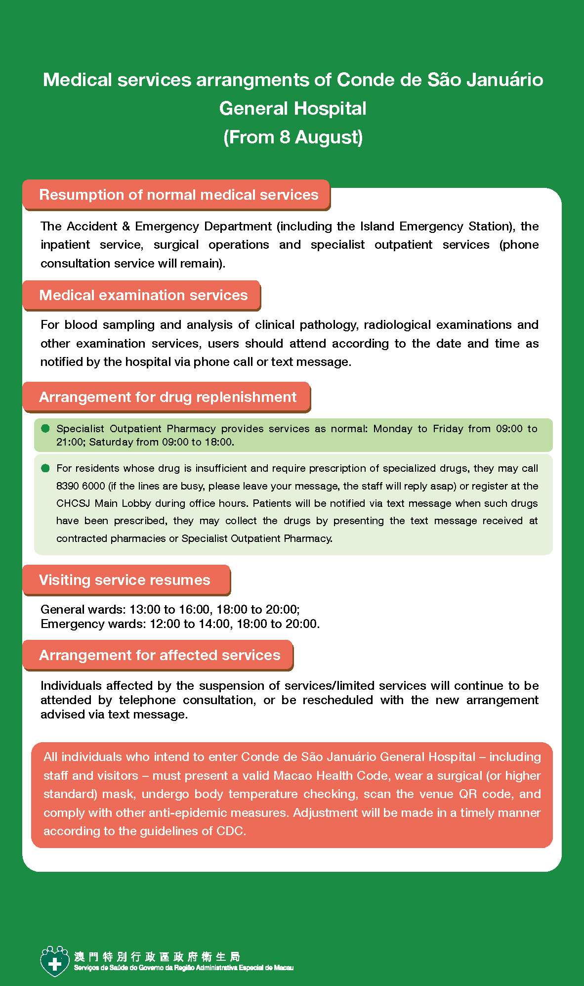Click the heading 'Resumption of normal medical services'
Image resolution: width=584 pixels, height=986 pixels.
[x=178, y=195]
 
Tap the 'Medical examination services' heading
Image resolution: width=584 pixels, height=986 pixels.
[x=143, y=295]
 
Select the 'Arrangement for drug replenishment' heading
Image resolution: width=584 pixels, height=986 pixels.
[x=167, y=397]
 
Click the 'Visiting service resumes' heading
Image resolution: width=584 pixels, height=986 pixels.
[x=125, y=580]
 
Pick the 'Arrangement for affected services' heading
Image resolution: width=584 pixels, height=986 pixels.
[x=160, y=655]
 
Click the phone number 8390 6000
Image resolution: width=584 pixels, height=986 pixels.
[x=81, y=486]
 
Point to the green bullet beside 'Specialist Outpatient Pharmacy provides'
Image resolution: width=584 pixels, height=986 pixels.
[x=45, y=428]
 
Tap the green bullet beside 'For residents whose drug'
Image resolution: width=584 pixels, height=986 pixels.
[x=45, y=468]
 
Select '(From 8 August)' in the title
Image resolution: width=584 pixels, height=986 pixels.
[x=293, y=137]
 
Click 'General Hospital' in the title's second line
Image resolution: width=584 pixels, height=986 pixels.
[x=293, y=108]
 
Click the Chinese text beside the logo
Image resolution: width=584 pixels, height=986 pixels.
[x=157, y=957]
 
